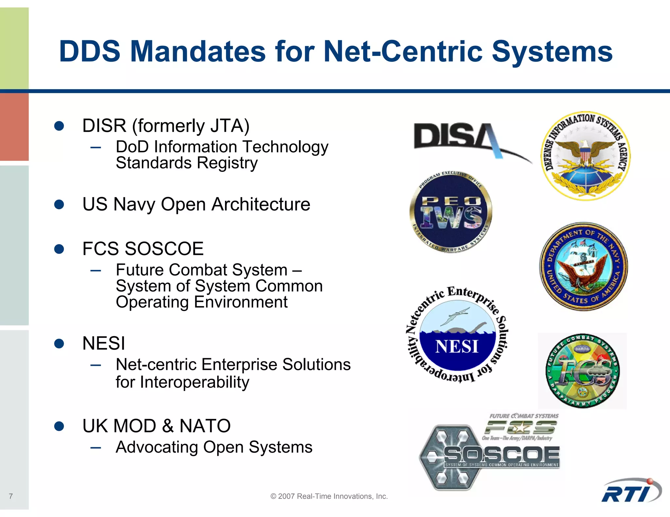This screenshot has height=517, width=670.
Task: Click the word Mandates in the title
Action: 198,51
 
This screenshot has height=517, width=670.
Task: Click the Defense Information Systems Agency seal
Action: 585,156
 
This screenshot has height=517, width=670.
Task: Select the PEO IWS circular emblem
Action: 451,212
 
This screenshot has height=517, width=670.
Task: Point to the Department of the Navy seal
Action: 583,266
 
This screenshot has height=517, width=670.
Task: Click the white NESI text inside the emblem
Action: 457,347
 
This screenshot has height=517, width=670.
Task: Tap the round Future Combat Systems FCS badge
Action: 582,371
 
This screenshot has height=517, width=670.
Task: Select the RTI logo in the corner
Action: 630,492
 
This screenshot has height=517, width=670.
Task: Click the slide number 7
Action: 11,496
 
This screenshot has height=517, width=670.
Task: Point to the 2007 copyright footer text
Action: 329,496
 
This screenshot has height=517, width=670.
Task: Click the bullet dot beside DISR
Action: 59,126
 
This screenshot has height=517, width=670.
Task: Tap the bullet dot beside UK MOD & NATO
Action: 59,426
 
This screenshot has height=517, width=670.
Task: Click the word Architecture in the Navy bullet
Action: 261,205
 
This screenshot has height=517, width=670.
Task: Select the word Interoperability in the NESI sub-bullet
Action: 195,382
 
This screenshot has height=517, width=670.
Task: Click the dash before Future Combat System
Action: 96,270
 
